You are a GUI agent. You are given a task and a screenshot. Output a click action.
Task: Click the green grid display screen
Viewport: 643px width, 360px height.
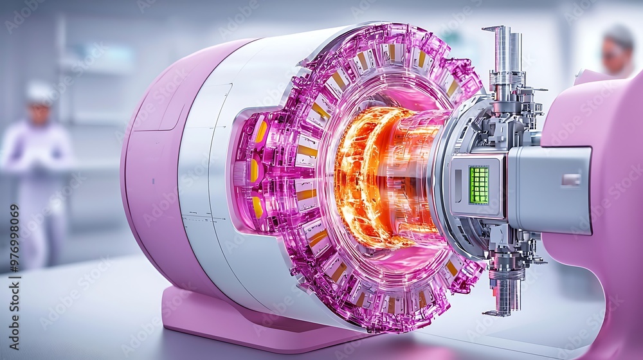(479, 185)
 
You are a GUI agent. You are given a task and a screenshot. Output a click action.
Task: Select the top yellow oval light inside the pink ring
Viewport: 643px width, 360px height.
(261, 131)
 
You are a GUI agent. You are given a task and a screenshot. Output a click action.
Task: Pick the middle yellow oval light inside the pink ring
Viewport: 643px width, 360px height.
(254, 170)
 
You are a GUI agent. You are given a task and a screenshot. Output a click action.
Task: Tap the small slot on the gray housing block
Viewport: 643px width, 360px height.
(571, 180)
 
